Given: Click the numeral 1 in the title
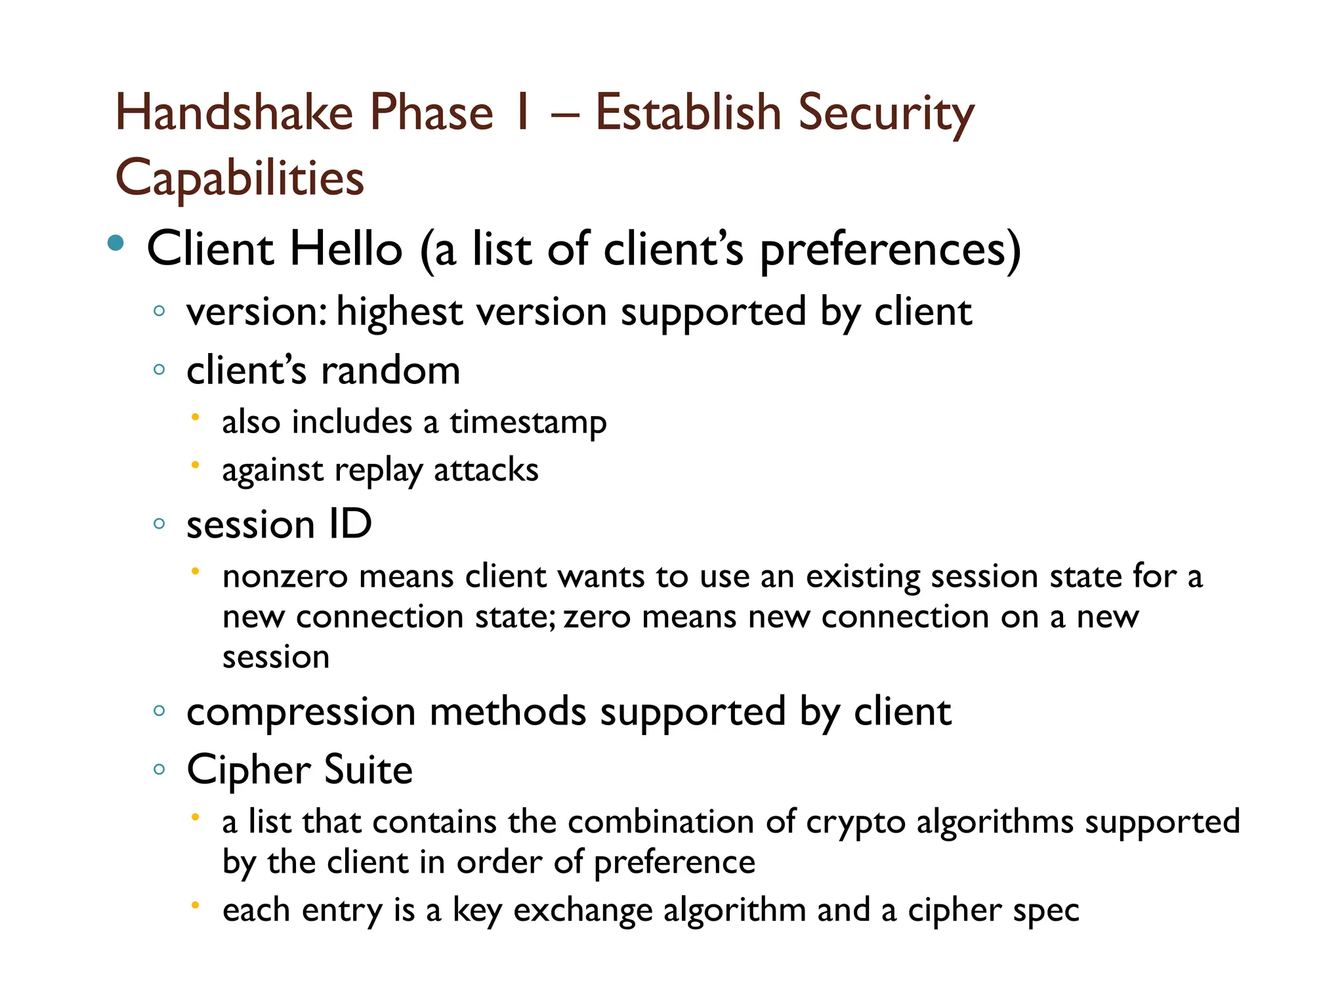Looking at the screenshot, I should point(522,112).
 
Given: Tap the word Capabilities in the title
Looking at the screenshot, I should point(240,178).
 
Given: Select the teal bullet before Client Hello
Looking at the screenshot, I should point(115,243).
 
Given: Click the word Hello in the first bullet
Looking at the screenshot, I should point(346,249).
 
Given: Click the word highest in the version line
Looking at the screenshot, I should point(399,312).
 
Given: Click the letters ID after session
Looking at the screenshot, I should point(350,524).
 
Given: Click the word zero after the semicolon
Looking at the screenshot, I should point(597,618).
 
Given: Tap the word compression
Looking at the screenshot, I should point(301,712).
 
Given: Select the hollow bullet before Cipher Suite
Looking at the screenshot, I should point(159,769).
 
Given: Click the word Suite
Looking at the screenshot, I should point(368,770).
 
